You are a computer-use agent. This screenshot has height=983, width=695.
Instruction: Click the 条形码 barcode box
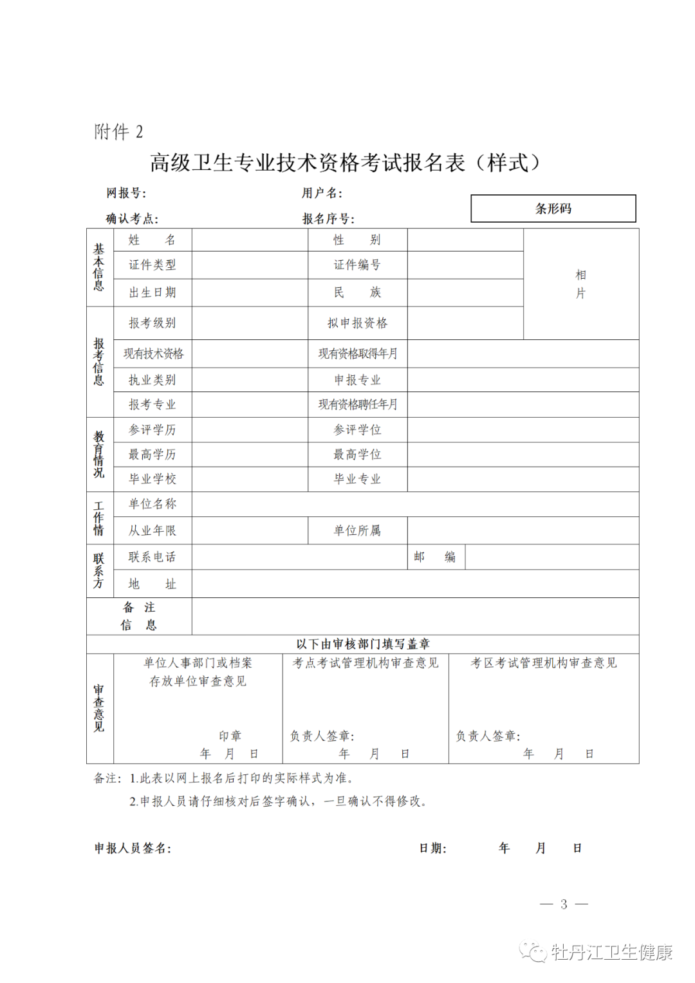click(553, 209)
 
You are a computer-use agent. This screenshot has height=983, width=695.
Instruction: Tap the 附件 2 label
click(118, 132)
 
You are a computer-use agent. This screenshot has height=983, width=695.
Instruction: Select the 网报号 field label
click(126, 193)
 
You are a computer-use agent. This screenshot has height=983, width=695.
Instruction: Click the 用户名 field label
click(322, 193)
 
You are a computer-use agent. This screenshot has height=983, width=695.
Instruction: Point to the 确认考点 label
click(132, 219)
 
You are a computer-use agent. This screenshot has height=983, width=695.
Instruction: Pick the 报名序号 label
click(328, 219)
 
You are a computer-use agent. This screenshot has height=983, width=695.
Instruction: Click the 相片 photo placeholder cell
click(580, 284)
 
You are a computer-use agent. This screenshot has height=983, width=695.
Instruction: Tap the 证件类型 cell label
click(152, 265)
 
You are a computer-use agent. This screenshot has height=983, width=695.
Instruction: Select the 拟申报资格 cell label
click(357, 323)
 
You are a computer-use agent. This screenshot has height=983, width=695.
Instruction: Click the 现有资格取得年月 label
click(357, 353)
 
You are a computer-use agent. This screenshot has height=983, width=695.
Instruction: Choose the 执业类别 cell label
click(152, 380)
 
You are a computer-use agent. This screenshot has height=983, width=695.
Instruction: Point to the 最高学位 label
click(357, 454)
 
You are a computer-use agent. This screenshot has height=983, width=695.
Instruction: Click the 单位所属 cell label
click(357, 530)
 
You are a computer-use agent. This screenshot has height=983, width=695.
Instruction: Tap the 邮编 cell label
click(434, 557)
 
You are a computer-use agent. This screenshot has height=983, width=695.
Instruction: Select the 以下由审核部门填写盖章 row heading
click(363, 644)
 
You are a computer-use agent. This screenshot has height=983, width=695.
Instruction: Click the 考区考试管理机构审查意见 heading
click(544, 663)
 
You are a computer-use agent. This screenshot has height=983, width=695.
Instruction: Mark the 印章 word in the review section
click(230, 736)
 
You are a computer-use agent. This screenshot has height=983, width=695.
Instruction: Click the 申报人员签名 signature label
click(133, 848)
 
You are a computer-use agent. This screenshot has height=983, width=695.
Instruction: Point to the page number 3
click(564, 904)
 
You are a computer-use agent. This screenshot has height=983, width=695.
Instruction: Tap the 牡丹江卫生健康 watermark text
click(611, 952)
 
